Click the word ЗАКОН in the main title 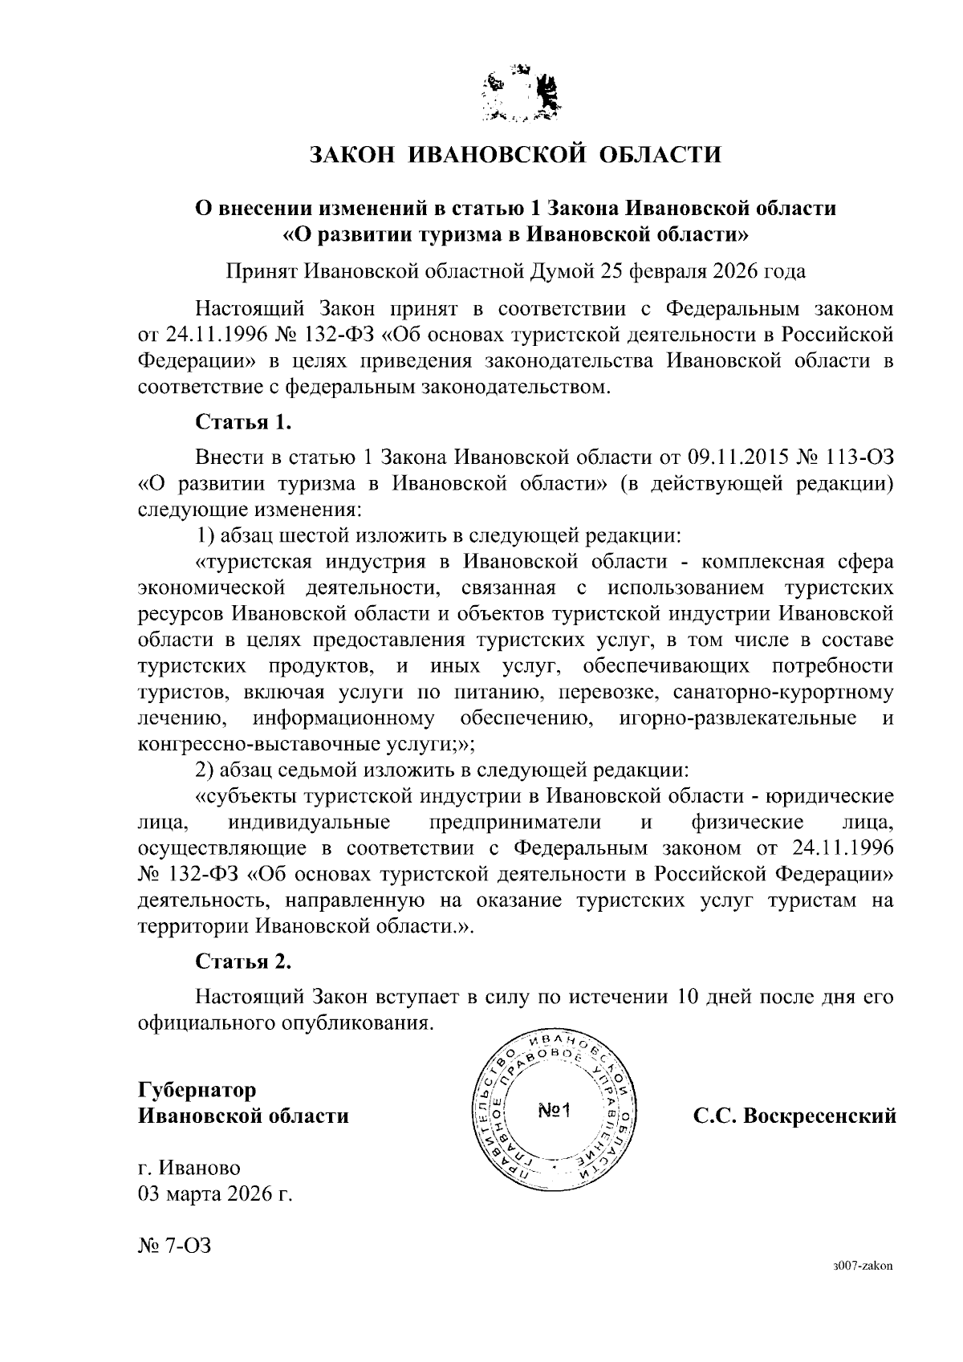[351, 153]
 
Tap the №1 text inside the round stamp [553, 1111]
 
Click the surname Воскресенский [819, 1116]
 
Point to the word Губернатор [197, 1090]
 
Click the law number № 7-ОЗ [175, 1246]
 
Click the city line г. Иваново [189, 1168]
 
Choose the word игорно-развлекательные [737, 718]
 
